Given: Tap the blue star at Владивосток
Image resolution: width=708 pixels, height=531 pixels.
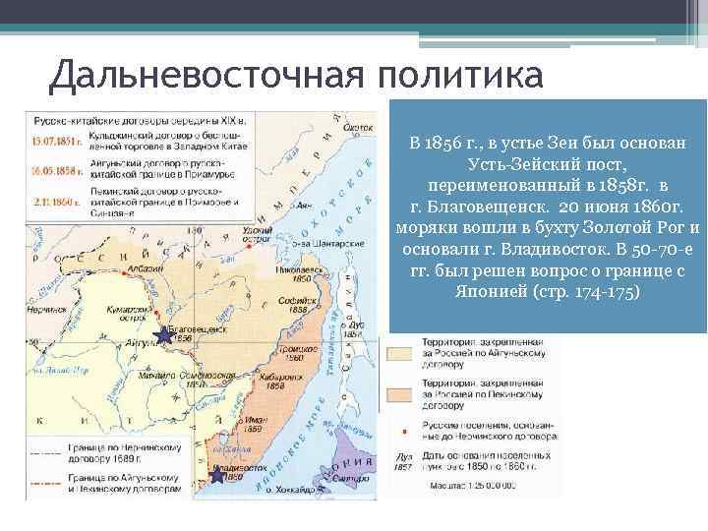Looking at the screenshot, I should (x=216, y=475).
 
